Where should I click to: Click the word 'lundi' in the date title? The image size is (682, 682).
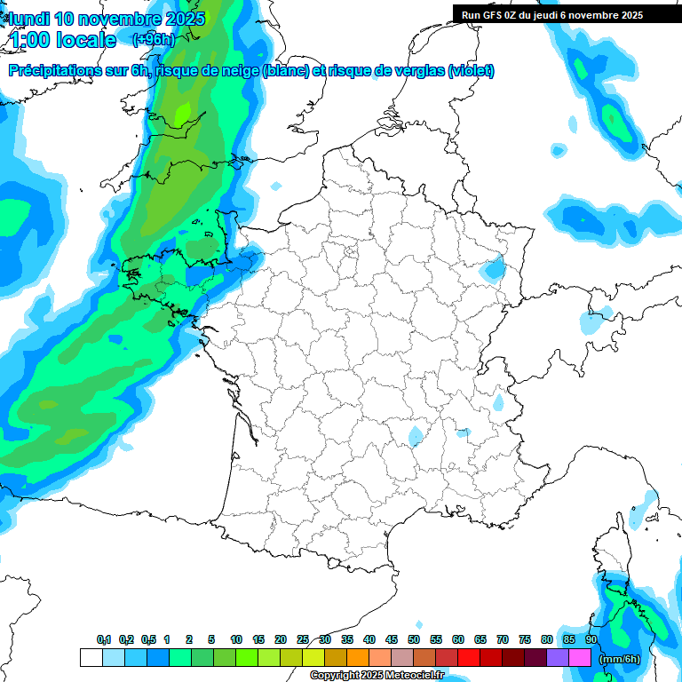click(29, 19)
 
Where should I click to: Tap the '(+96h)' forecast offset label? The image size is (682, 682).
click(152, 39)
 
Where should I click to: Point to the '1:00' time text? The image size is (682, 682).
click(30, 40)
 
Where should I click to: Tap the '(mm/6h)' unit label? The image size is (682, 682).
click(619, 658)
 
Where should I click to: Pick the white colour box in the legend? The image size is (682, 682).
click(91, 658)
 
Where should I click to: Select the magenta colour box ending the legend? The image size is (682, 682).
click(580, 658)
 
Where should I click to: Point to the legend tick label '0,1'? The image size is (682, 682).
click(104, 639)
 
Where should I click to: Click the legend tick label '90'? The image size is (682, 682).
click(591, 639)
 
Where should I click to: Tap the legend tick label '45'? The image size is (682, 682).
click(392, 639)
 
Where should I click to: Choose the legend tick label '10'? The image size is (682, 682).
click(236, 639)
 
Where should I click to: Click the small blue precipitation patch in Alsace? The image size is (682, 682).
click(493, 269)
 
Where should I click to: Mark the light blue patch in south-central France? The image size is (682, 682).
click(415, 436)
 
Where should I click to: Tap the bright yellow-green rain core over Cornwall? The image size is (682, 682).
click(183, 114)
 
